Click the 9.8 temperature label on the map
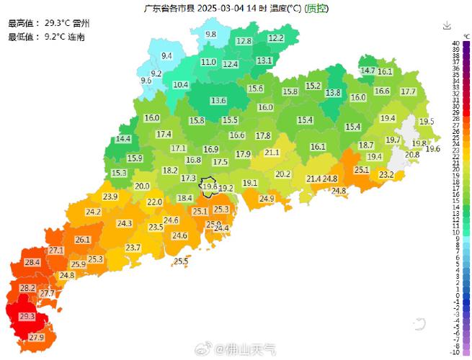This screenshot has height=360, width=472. (210, 35)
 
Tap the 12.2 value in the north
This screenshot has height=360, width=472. (276, 38)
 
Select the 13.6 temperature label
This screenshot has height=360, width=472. (218, 100)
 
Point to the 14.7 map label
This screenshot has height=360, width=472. (368, 71)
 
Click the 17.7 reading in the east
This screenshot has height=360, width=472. (408, 91)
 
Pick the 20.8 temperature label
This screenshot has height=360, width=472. (411, 155)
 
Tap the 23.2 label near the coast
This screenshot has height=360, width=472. (386, 175)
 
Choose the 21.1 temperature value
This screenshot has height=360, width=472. (272, 153)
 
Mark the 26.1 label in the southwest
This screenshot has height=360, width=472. (83, 240)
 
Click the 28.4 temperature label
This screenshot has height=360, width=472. (32, 263)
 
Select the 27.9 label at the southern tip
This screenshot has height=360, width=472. (37, 337)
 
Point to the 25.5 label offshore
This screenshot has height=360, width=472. (181, 261)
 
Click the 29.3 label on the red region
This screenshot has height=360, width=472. (27, 317)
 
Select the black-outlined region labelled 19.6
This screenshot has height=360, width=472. (210, 186)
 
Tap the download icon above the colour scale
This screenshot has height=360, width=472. (447, 26)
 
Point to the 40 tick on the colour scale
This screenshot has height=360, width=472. (455, 44)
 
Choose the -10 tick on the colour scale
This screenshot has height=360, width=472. (455, 352)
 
